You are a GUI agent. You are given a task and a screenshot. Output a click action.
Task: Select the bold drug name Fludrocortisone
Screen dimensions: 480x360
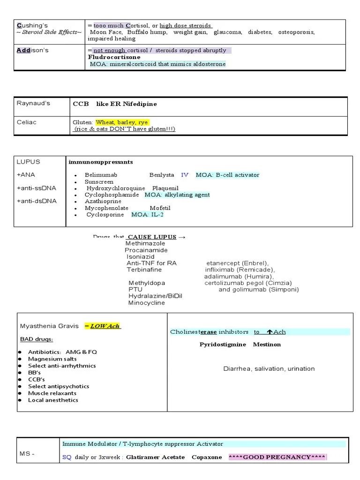(x=114, y=57)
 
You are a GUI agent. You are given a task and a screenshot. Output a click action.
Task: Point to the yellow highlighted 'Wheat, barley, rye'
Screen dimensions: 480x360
(x=115, y=122)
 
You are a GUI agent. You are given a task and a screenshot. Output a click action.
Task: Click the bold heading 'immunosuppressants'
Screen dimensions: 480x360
(x=101, y=162)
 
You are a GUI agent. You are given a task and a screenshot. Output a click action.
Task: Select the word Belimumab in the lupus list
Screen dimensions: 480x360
(x=101, y=175)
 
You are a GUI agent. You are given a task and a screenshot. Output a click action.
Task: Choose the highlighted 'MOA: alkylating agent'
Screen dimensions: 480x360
(x=177, y=195)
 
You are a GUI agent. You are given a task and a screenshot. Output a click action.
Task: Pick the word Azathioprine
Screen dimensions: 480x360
(x=103, y=201)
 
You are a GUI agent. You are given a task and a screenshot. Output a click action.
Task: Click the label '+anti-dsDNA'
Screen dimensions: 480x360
(x=37, y=201)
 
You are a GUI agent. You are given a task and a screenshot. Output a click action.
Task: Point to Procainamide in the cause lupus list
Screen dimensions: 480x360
(x=146, y=250)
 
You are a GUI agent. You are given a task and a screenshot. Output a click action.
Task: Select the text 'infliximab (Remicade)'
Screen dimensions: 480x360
(x=240, y=270)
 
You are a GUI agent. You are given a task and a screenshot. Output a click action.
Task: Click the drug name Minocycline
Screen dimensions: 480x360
(x=147, y=303)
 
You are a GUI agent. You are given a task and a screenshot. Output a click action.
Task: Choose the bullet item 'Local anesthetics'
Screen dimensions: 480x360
(x=53, y=400)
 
